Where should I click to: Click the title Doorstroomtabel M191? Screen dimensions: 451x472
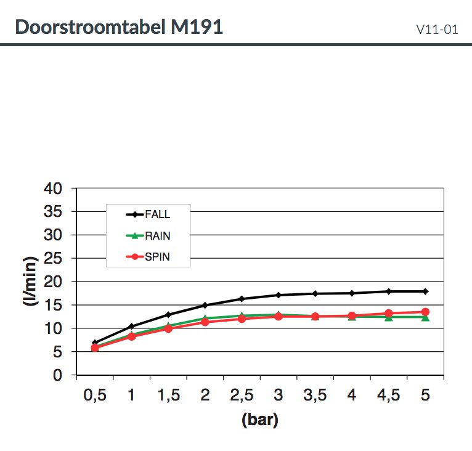(x=118, y=27)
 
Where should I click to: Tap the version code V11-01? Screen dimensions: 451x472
(x=437, y=29)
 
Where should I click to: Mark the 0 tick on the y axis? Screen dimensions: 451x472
(x=57, y=375)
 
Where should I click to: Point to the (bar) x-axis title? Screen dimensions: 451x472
(x=259, y=421)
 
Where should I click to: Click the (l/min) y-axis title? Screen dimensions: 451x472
(x=29, y=282)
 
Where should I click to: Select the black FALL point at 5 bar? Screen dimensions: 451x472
(x=425, y=291)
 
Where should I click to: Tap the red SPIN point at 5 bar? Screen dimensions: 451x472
(x=425, y=312)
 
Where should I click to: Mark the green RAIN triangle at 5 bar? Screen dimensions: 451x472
(x=425, y=317)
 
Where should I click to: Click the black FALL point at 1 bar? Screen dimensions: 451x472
(x=131, y=326)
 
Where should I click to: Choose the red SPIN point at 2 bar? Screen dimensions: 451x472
(x=205, y=322)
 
